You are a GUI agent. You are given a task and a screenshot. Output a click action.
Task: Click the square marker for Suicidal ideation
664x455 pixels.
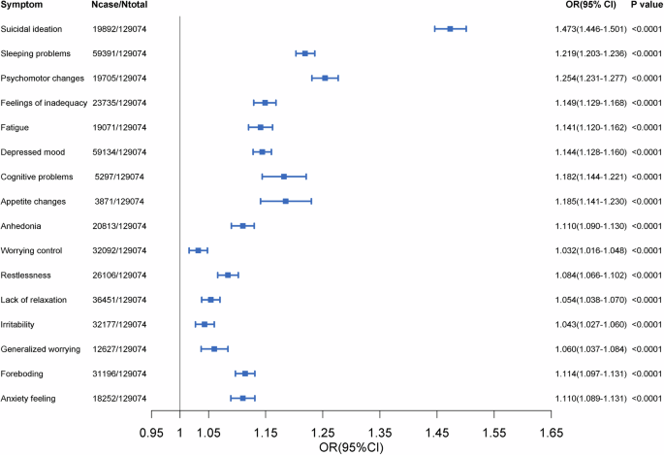tap(450, 29)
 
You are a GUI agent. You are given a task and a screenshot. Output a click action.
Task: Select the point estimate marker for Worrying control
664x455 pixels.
tap(198, 250)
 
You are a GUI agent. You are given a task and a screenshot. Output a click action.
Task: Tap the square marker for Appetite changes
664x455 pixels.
tap(285, 201)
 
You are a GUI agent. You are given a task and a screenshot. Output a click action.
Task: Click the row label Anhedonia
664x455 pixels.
tap(25, 226)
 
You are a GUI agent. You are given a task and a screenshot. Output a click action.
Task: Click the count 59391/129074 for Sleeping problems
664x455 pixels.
tap(116, 53)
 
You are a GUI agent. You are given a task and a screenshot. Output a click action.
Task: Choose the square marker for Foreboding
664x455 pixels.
tap(245, 374)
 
